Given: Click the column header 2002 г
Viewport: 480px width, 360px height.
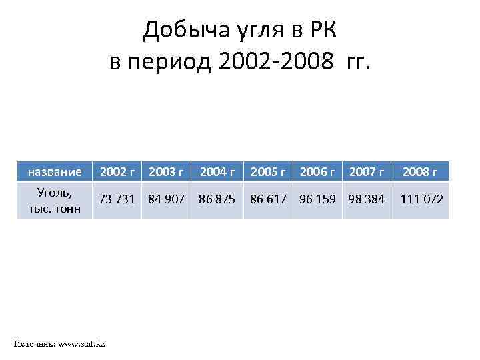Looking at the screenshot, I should coord(117,172).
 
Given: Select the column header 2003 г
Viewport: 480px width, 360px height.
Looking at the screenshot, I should coord(167,172).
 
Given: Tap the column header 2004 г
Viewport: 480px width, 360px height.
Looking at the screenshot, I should coord(217,172).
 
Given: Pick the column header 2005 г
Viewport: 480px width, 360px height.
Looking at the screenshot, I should coord(267,172).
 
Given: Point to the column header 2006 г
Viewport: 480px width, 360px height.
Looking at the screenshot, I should coord(317,172).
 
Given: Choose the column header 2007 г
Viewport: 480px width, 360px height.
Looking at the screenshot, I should coord(367,172).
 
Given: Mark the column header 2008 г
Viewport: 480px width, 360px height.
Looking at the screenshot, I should coord(421,172).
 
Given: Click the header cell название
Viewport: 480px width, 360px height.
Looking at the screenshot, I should coord(55,172).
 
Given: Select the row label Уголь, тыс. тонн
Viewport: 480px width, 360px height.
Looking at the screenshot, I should coord(55,200).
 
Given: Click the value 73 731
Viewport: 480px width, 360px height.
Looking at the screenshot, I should coord(117,199).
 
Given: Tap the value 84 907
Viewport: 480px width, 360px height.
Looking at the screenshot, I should coord(167,199).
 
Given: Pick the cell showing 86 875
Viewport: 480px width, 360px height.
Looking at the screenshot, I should coord(217,199).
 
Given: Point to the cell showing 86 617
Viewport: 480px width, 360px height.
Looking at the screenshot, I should coord(267,199).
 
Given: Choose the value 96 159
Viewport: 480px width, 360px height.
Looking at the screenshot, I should coord(317,199).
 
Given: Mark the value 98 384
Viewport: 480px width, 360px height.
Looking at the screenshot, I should coord(367,199).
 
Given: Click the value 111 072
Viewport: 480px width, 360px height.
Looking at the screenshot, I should coord(421,199).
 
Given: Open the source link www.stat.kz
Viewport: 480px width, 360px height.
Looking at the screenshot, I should coord(81,344).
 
